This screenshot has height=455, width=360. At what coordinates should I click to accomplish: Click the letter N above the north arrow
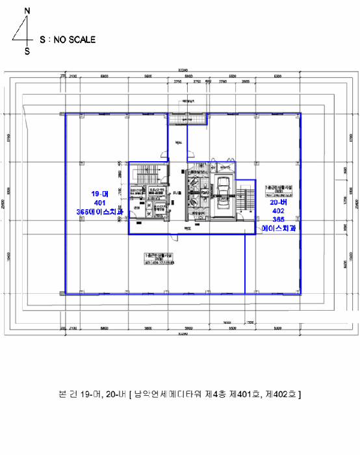27,10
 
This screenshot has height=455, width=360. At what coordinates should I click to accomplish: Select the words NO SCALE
74,40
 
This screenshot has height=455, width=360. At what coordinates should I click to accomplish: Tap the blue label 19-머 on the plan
99,194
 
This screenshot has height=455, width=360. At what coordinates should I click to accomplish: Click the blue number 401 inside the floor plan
99,203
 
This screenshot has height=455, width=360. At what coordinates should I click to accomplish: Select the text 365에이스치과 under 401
99,212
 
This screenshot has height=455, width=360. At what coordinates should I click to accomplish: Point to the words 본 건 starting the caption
67,395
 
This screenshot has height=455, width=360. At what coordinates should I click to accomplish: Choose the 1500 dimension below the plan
250,322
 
